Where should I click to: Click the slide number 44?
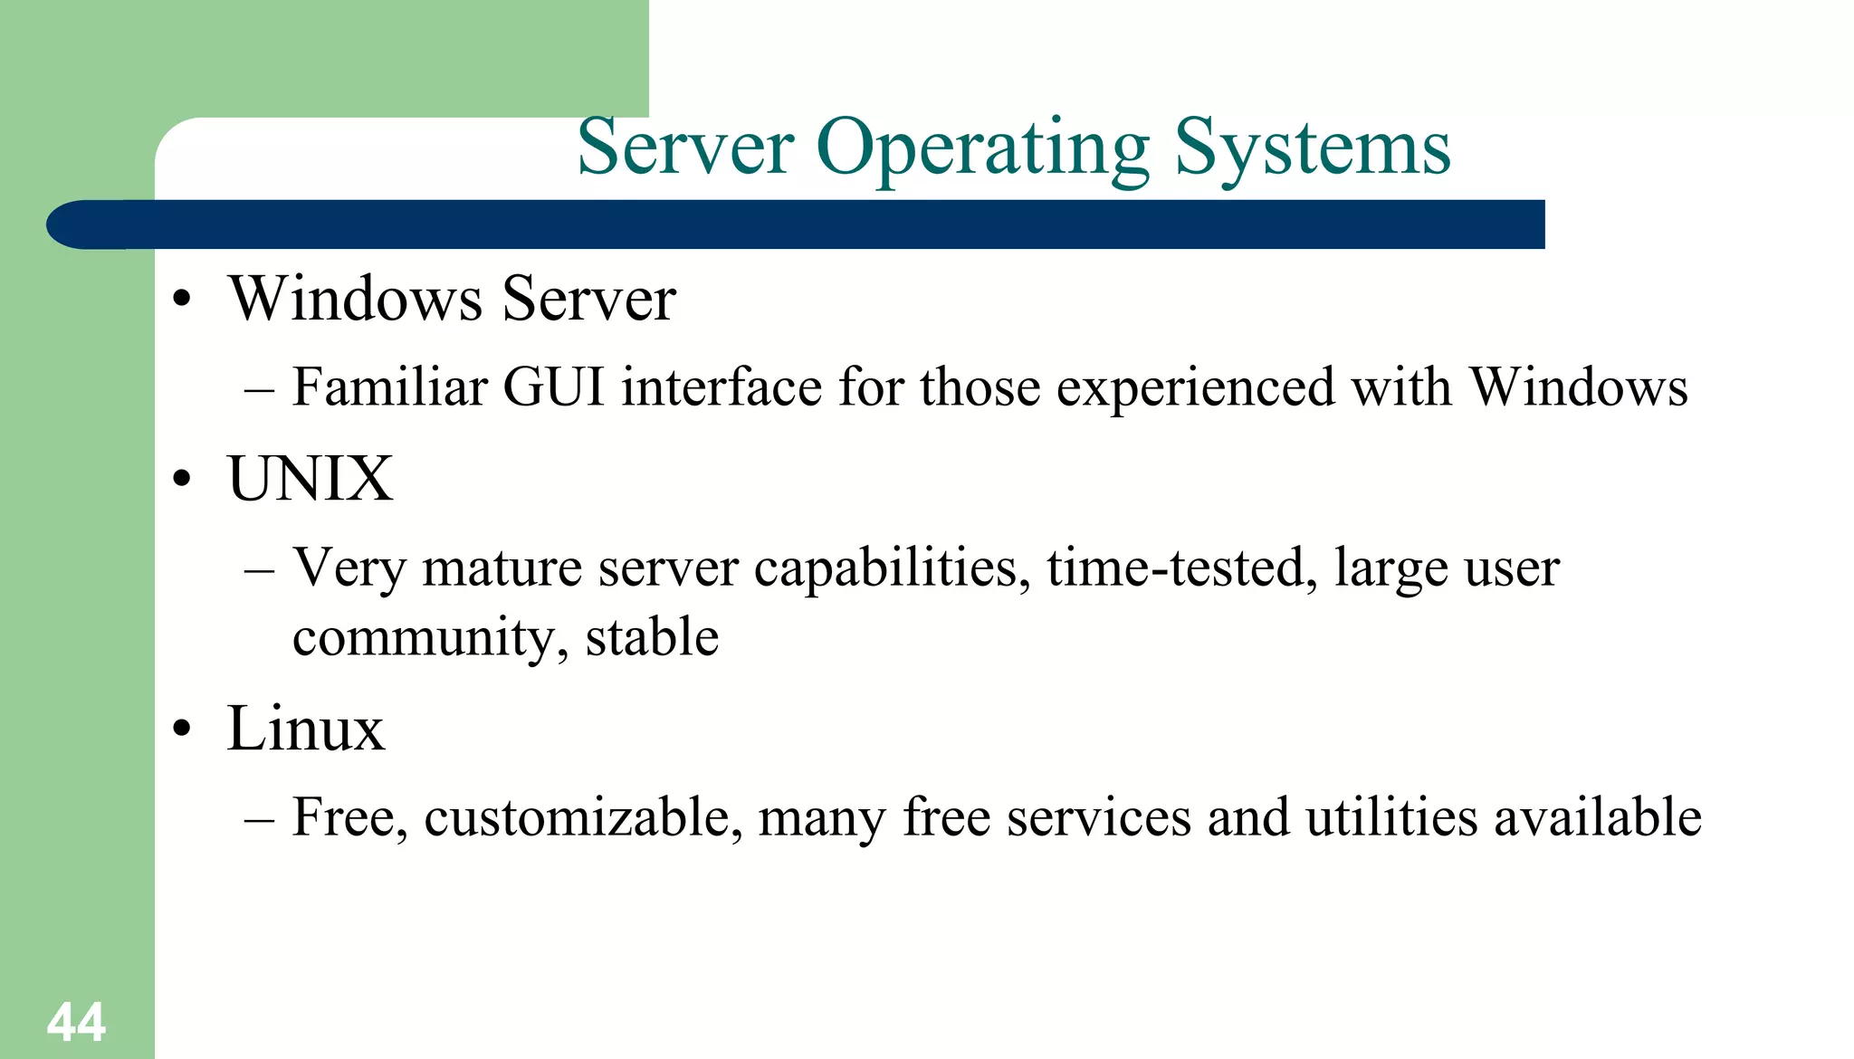point(76,1023)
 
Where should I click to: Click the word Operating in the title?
point(982,149)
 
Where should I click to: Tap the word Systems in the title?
point(1313,149)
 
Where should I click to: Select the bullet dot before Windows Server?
point(183,301)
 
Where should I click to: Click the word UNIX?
point(311,479)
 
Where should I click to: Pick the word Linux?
point(306,729)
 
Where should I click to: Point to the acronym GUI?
point(553,387)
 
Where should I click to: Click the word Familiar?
point(390,387)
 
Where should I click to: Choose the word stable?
point(652,637)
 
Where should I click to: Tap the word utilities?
point(1391,817)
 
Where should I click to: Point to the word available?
point(1598,817)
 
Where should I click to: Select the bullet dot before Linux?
point(183,730)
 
